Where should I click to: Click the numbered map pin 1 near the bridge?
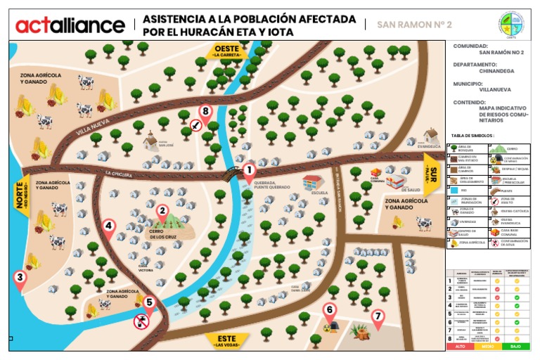coord(248,171)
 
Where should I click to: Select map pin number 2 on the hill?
coord(162,211)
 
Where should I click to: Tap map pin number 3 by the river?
coord(20,278)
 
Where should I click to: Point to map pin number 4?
coord(108,227)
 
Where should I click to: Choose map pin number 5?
coord(148,303)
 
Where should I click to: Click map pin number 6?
coord(329,310)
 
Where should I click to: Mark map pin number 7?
coord(378,317)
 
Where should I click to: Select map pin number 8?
coord(205,112)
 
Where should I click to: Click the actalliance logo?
coord(70,25)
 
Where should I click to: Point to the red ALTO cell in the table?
coord(461,347)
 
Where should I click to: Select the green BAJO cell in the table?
coord(515,347)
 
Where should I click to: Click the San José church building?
coord(150,141)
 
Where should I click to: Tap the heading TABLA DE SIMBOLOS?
coord(472,135)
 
